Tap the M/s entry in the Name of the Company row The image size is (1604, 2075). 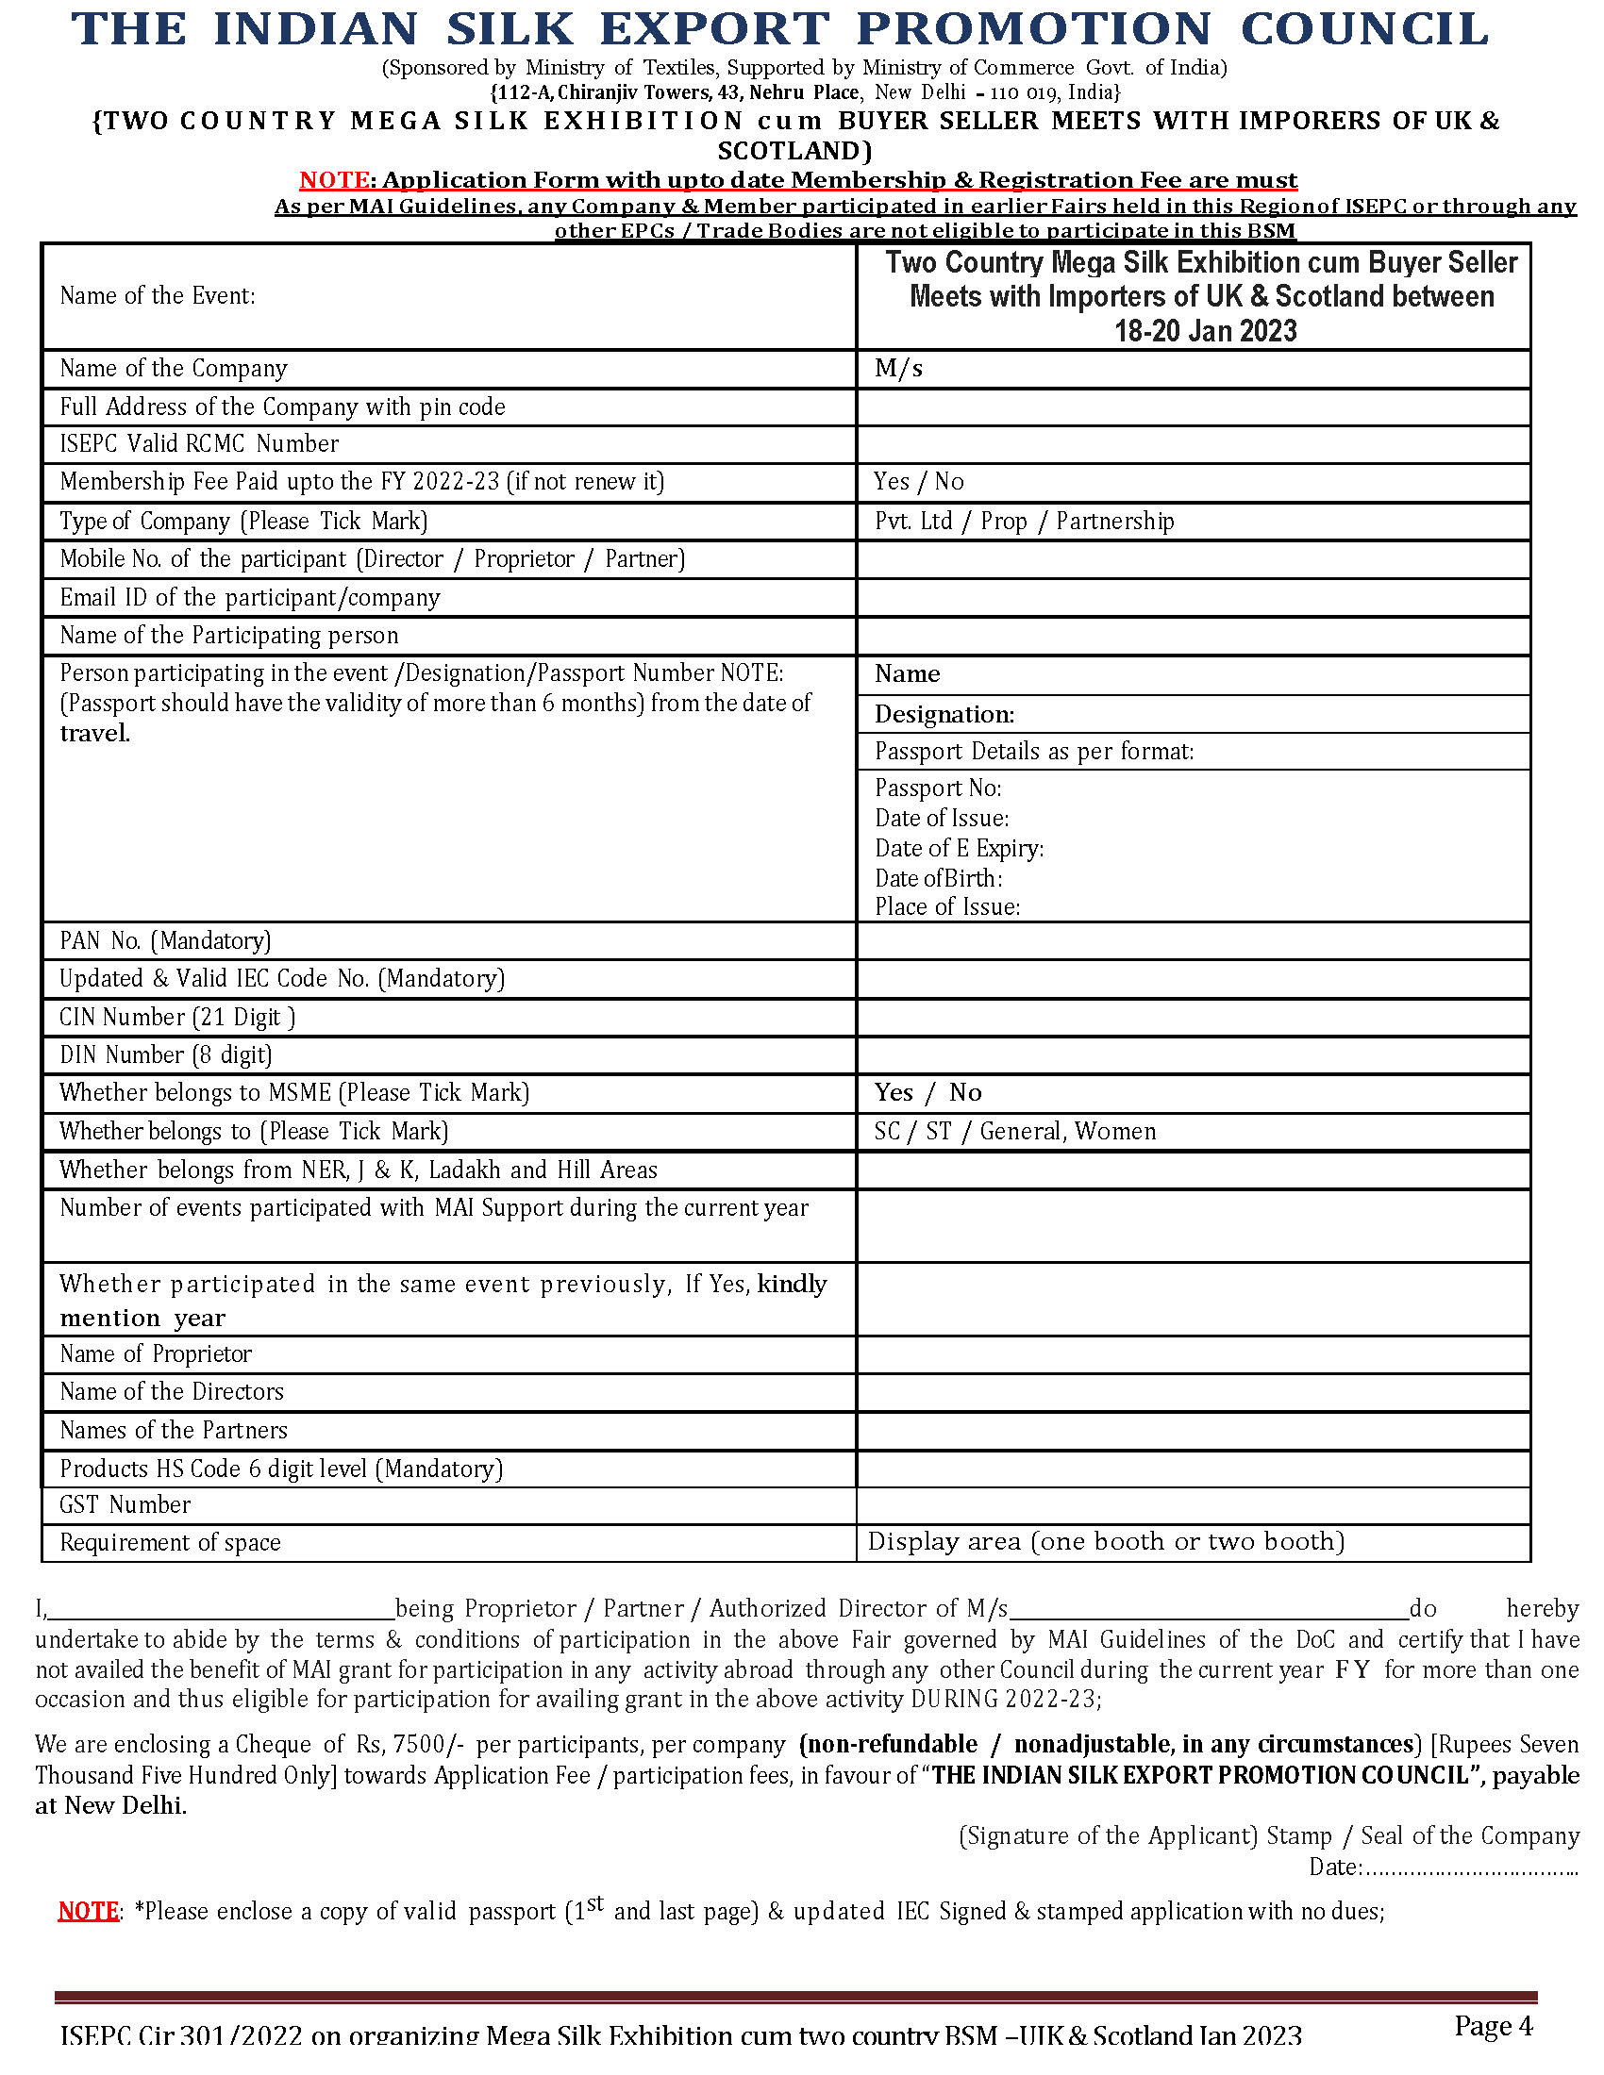(x=898, y=369)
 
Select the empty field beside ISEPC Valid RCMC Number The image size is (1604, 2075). (x=1193, y=444)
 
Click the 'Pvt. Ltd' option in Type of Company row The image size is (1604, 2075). (x=913, y=521)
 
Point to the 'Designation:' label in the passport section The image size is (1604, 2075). (x=944, y=715)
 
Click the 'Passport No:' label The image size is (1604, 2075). (x=938, y=788)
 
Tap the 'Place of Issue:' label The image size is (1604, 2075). (x=946, y=906)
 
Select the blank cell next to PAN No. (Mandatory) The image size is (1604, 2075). (x=1193, y=940)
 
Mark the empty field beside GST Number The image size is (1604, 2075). (x=1193, y=1505)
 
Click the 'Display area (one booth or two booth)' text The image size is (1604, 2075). (x=1106, y=1541)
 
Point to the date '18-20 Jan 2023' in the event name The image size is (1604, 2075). (x=1205, y=331)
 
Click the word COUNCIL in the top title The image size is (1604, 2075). (x=1364, y=28)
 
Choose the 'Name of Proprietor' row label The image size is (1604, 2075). (x=156, y=1353)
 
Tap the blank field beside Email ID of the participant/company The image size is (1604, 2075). (x=1193, y=598)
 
